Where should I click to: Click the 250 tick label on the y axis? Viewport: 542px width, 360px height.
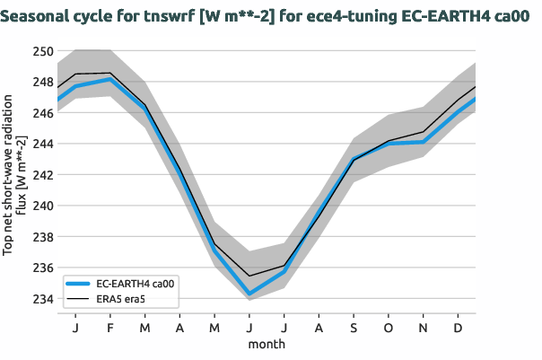pyautogui.click(x=42, y=50)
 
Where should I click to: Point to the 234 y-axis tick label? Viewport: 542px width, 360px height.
pyautogui.click(x=42, y=299)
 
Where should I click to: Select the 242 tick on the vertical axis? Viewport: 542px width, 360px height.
pyautogui.click(x=42, y=175)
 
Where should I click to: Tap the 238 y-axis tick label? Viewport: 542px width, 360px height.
pyautogui.click(x=42, y=237)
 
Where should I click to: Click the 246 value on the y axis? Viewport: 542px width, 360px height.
pyautogui.click(x=42, y=113)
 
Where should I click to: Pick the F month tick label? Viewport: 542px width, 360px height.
pyautogui.click(x=110, y=329)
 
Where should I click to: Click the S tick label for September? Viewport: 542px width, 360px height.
pyautogui.click(x=354, y=329)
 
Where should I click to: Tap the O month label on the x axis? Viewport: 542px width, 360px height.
pyautogui.click(x=389, y=329)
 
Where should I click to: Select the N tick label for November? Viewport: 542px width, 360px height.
pyautogui.click(x=424, y=329)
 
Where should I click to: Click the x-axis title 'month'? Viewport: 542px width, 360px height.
pyautogui.click(x=267, y=344)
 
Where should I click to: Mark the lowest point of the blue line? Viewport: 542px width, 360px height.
pyautogui.click(x=249, y=294)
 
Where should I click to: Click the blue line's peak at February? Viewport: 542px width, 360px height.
pyautogui.click(x=110, y=79)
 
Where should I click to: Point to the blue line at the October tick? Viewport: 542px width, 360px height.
pyautogui.click(x=389, y=144)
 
